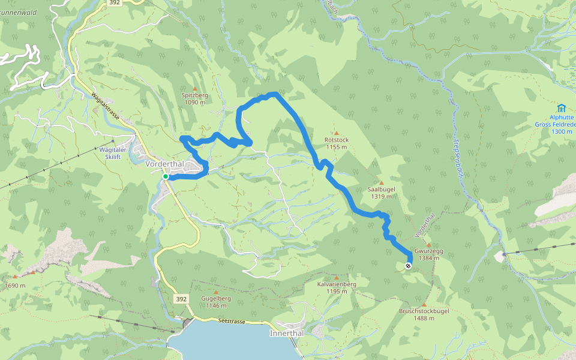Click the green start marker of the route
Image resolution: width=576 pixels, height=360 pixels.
(165, 176)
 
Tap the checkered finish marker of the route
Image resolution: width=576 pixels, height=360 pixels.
(409, 266)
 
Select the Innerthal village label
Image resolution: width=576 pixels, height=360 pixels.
(287, 333)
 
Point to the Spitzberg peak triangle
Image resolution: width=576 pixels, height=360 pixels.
(194, 88)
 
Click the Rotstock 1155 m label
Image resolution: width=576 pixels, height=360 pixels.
(336, 143)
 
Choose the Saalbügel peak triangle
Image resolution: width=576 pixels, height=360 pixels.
(381, 182)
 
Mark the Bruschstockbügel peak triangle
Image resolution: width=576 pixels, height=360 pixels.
(424, 305)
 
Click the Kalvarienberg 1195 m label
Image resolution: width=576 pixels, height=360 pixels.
(337, 287)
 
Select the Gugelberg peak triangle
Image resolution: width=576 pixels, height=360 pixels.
(216, 292)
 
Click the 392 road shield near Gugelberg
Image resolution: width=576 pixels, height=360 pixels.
(181, 298)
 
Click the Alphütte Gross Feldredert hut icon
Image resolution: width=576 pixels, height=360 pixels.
(561, 108)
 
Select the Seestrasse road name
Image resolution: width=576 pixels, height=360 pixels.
(232, 322)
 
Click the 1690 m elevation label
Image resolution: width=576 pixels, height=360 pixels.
(15, 286)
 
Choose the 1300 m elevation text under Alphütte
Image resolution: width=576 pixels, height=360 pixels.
(562, 131)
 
